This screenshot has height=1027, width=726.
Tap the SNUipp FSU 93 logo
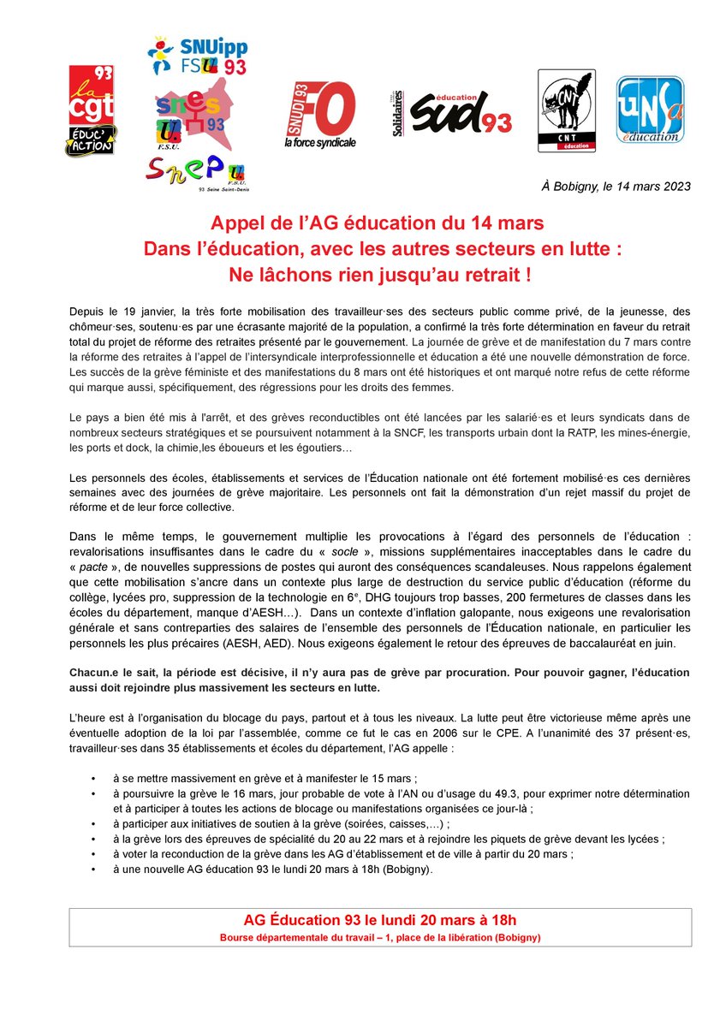pyautogui.click(x=196, y=56)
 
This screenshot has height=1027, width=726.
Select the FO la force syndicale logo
pyautogui.click(x=319, y=116)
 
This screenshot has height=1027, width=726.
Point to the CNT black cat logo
pyautogui.click(x=566, y=110)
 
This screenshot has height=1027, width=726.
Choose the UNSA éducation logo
pyautogui.click(x=650, y=110)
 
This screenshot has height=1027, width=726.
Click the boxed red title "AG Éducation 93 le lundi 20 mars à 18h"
pyautogui.click(x=380, y=920)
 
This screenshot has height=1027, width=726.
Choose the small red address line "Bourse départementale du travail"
pyautogui.click(x=380, y=937)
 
